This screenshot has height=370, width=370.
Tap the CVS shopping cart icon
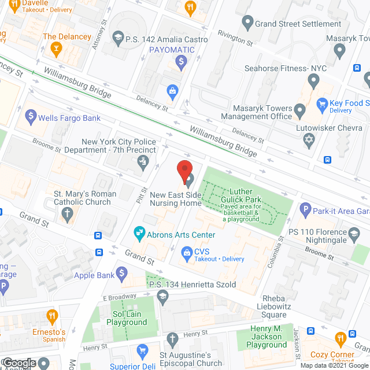[x=187, y=251]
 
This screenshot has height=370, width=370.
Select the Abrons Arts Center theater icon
[x=139, y=234]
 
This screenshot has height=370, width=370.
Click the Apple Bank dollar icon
[x=121, y=272]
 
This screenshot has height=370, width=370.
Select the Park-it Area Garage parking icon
[x=305, y=210]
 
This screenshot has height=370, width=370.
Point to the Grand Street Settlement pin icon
[x=247, y=24]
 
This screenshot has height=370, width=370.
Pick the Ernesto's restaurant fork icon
[x=53, y=317]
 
